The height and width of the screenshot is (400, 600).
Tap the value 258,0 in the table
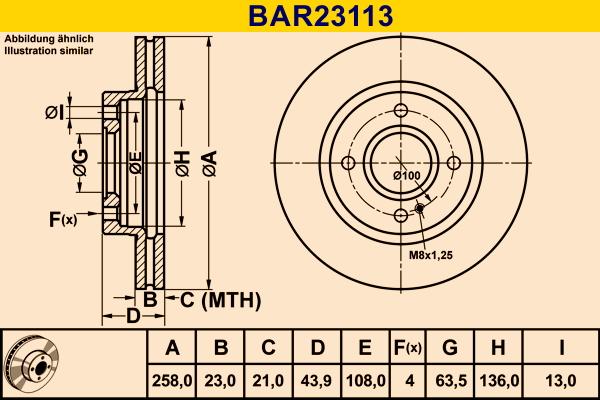pyautogui.click(x=171, y=379)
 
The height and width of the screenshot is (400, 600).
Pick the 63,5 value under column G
pyautogui.click(x=449, y=379)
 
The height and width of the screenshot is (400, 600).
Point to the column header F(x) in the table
pyautogui.click(x=407, y=348)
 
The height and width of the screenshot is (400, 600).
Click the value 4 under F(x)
pyautogui.click(x=407, y=379)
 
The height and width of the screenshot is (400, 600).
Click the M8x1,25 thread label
pyautogui.click(x=431, y=256)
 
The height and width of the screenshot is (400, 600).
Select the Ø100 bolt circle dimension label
pyautogui.click(x=405, y=176)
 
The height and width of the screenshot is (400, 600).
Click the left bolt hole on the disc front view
pyautogui.click(x=348, y=164)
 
